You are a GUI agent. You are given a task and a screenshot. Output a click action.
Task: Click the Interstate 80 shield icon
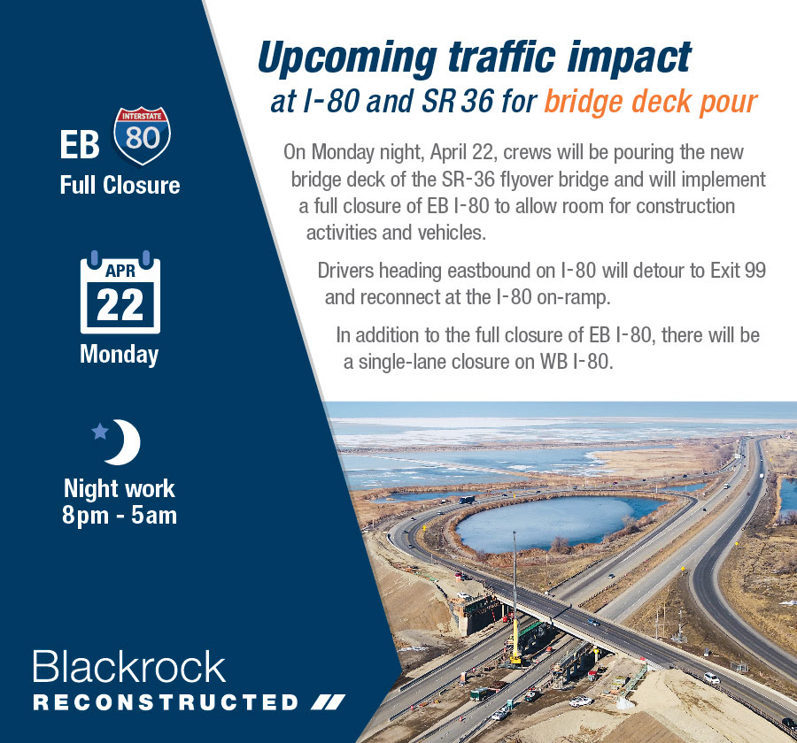[x=142, y=135]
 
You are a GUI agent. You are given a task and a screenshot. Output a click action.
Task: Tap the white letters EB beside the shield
[x=80, y=145]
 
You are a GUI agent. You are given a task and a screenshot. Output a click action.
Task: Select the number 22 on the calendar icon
[x=120, y=305]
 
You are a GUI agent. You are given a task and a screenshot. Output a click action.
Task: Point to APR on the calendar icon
[x=120, y=271]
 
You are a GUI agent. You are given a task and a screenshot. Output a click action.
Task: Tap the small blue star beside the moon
[x=100, y=431]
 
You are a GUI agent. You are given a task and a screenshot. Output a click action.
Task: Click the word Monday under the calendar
[x=120, y=355]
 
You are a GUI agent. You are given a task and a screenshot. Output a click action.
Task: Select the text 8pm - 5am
[x=120, y=515]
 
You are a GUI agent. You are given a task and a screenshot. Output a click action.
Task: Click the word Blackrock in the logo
[x=129, y=666]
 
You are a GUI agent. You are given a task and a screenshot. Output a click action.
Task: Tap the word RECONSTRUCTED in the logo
[x=166, y=702]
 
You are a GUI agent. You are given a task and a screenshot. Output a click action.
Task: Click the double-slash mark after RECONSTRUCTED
[x=328, y=702]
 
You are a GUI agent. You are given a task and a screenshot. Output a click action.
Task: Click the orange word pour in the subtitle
[x=729, y=103]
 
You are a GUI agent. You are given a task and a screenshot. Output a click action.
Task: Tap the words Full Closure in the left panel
[x=120, y=185]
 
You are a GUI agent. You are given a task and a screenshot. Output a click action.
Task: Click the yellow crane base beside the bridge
[x=515, y=659]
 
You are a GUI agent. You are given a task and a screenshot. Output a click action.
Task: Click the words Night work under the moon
[x=120, y=488]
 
